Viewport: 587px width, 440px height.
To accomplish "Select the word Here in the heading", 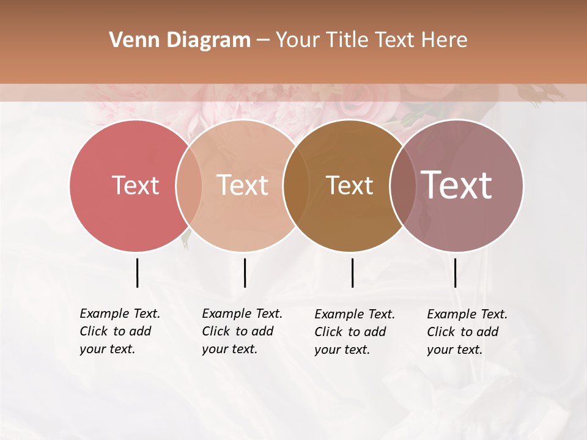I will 444,40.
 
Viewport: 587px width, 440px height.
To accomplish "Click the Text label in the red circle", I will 135,185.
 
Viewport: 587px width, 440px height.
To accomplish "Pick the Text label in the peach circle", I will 243,185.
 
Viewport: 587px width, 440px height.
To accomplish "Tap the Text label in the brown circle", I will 349,185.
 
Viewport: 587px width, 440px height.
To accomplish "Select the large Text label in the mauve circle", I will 457,185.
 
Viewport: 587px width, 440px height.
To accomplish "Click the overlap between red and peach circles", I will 189,185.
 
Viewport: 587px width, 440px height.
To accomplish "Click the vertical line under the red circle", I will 137,273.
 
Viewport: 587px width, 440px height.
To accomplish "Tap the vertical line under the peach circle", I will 245,273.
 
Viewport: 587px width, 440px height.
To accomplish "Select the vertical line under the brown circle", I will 352,273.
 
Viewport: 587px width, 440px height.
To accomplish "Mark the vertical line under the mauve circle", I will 455,273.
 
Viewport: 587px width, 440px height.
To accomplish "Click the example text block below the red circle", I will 119,331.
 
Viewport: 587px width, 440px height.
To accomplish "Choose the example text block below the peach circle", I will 242,331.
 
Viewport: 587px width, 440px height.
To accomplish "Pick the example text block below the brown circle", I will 354,332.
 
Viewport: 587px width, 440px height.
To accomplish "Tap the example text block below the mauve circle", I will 467,332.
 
